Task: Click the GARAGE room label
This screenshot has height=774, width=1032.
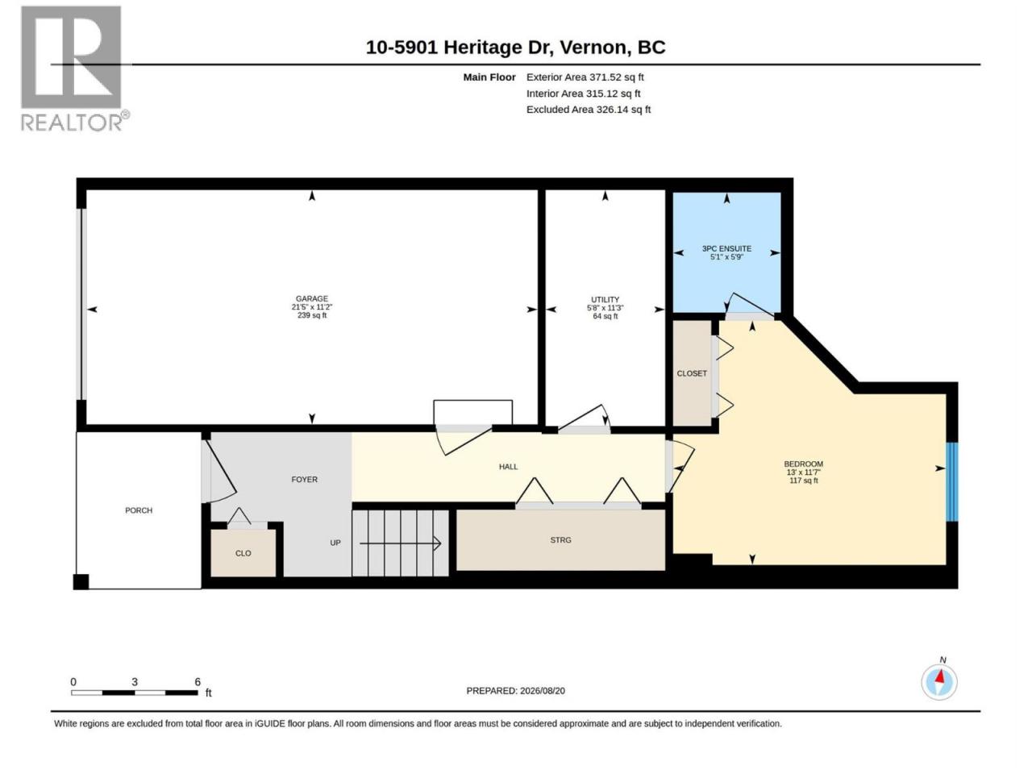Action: [x=312, y=298]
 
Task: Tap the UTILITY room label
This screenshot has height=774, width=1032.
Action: [x=605, y=299]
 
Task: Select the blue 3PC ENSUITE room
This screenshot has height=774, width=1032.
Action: [x=727, y=252]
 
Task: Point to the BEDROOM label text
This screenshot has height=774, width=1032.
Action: [x=804, y=464]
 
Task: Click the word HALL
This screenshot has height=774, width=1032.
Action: [x=508, y=467]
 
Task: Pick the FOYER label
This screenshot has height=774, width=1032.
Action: [x=304, y=480]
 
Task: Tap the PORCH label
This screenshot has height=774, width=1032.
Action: [x=139, y=510]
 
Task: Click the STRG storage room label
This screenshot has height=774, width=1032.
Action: [x=560, y=540]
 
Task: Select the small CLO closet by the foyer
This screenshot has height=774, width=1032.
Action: [x=243, y=552]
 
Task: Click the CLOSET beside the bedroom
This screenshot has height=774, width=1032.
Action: [x=692, y=373]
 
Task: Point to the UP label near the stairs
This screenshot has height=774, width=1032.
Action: [x=335, y=543]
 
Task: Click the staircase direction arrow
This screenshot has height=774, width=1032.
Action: [x=400, y=543]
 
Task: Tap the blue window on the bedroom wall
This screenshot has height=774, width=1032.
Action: [x=951, y=481]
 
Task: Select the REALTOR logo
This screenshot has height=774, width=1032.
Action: [x=75, y=69]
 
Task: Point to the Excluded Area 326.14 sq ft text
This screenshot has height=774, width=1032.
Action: [x=589, y=110]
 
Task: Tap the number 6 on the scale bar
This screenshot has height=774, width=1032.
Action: [x=198, y=682]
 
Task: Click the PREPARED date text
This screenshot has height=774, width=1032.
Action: [x=516, y=691]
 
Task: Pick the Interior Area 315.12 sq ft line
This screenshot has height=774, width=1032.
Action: [x=584, y=94]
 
